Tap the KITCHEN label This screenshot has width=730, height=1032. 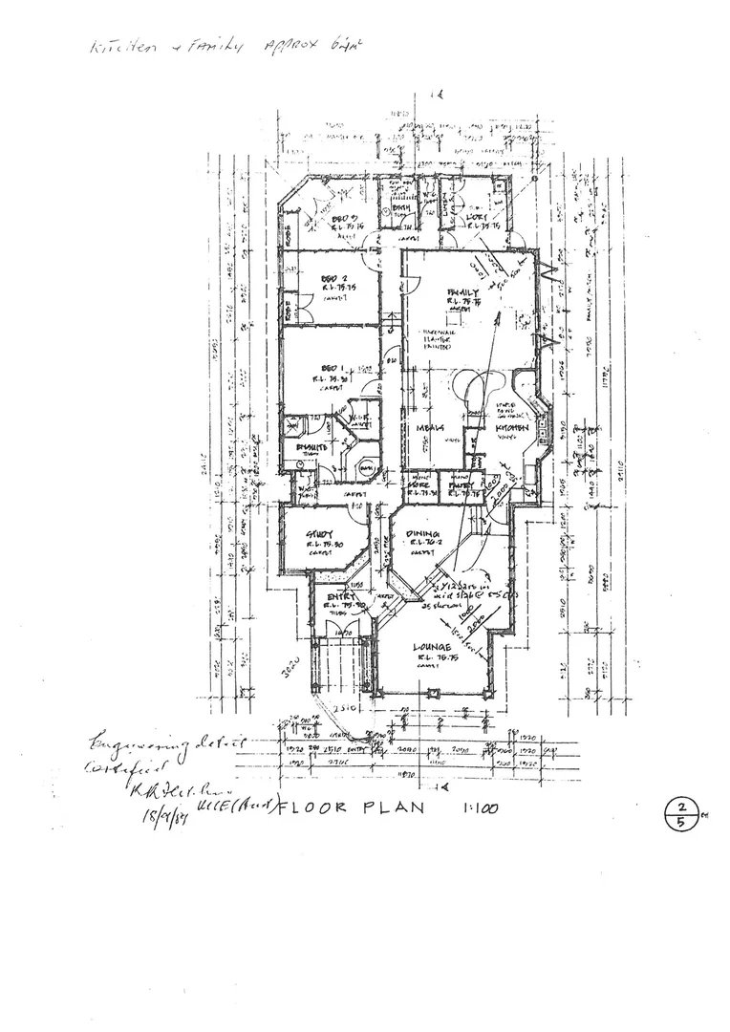pyautogui.click(x=511, y=429)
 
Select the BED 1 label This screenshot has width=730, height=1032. pyautogui.click(x=331, y=368)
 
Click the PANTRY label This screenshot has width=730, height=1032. pyautogui.click(x=462, y=485)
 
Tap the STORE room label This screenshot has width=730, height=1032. pyautogui.click(x=419, y=485)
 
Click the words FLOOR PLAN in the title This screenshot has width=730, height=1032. pyautogui.click(x=346, y=807)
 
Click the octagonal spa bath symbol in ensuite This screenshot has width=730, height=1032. pyautogui.click(x=364, y=469)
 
